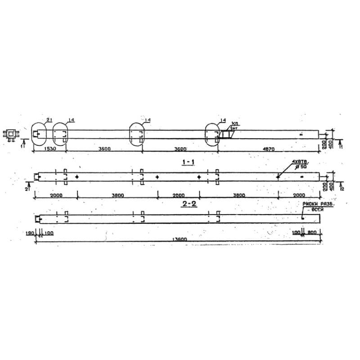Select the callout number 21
tap(49, 119)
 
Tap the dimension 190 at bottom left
tap(30, 233)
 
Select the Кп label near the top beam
tap(234, 122)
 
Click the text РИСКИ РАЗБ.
tap(314, 204)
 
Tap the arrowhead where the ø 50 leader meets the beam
tap(278, 176)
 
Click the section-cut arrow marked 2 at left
tap(29, 185)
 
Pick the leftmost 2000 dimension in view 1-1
tap(56, 195)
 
